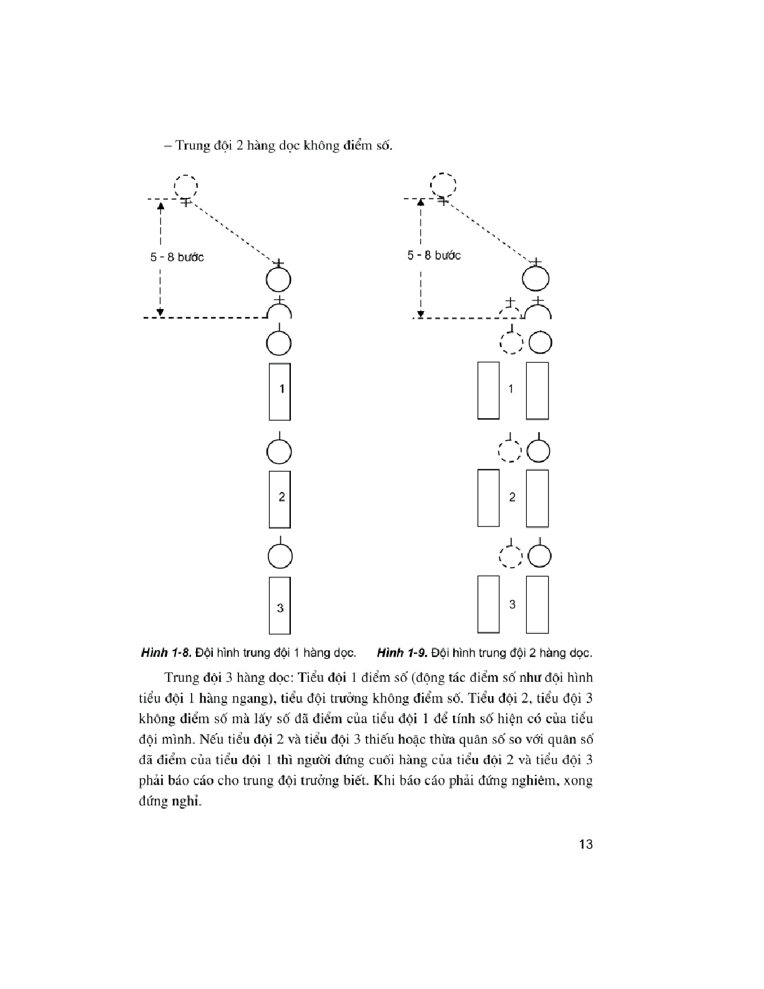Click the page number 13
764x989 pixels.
[x=585, y=845]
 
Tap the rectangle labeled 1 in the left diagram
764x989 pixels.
[x=280, y=391]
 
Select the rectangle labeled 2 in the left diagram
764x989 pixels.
[x=280, y=499]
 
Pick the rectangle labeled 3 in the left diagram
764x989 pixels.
[x=280, y=606]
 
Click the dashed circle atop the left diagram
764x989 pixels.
[x=185, y=185]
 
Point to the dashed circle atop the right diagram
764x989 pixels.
[x=443, y=185]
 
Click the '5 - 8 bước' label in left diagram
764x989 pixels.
[x=177, y=257]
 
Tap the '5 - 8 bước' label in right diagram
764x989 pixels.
[x=434, y=255]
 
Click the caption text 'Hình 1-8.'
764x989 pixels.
[x=165, y=653]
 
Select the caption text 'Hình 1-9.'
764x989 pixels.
[x=401, y=653]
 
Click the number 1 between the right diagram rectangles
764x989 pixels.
[x=511, y=389]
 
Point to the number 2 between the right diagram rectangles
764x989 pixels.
[x=512, y=497]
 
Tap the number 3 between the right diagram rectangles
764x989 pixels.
[x=512, y=604]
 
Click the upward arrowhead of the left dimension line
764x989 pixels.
[x=160, y=205]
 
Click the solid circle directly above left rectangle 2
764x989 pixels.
[x=280, y=451]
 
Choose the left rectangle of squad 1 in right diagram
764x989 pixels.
[x=488, y=390]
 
